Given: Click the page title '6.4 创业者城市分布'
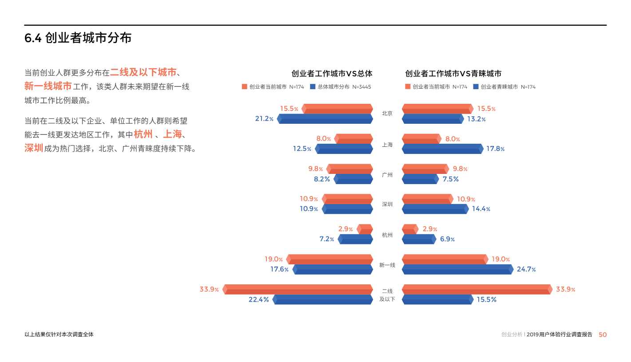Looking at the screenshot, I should (78, 38).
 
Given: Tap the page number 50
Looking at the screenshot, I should (603, 334).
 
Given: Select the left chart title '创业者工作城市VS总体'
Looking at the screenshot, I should (332, 74).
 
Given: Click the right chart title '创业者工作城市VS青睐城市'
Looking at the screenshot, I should (453, 74).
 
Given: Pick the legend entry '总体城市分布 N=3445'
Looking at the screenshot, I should (341, 87).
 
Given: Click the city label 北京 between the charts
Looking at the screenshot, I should (387, 114).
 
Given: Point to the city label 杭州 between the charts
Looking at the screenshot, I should (387, 235).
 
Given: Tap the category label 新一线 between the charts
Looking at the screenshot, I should (387, 265).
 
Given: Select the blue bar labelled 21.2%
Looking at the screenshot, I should (325, 119).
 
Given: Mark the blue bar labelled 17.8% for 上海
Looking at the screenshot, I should (442, 149).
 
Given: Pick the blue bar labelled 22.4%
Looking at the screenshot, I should (323, 300).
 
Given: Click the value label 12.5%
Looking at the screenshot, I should (302, 149).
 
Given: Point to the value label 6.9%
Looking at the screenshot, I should (447, 240).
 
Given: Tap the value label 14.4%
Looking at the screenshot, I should (481, 209).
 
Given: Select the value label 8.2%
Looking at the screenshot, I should (322, 179).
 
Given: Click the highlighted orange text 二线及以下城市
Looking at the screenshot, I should (143, 72).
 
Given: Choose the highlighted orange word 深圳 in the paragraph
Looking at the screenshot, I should (34, 148).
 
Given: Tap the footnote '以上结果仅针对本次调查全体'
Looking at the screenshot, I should (59, 334).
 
